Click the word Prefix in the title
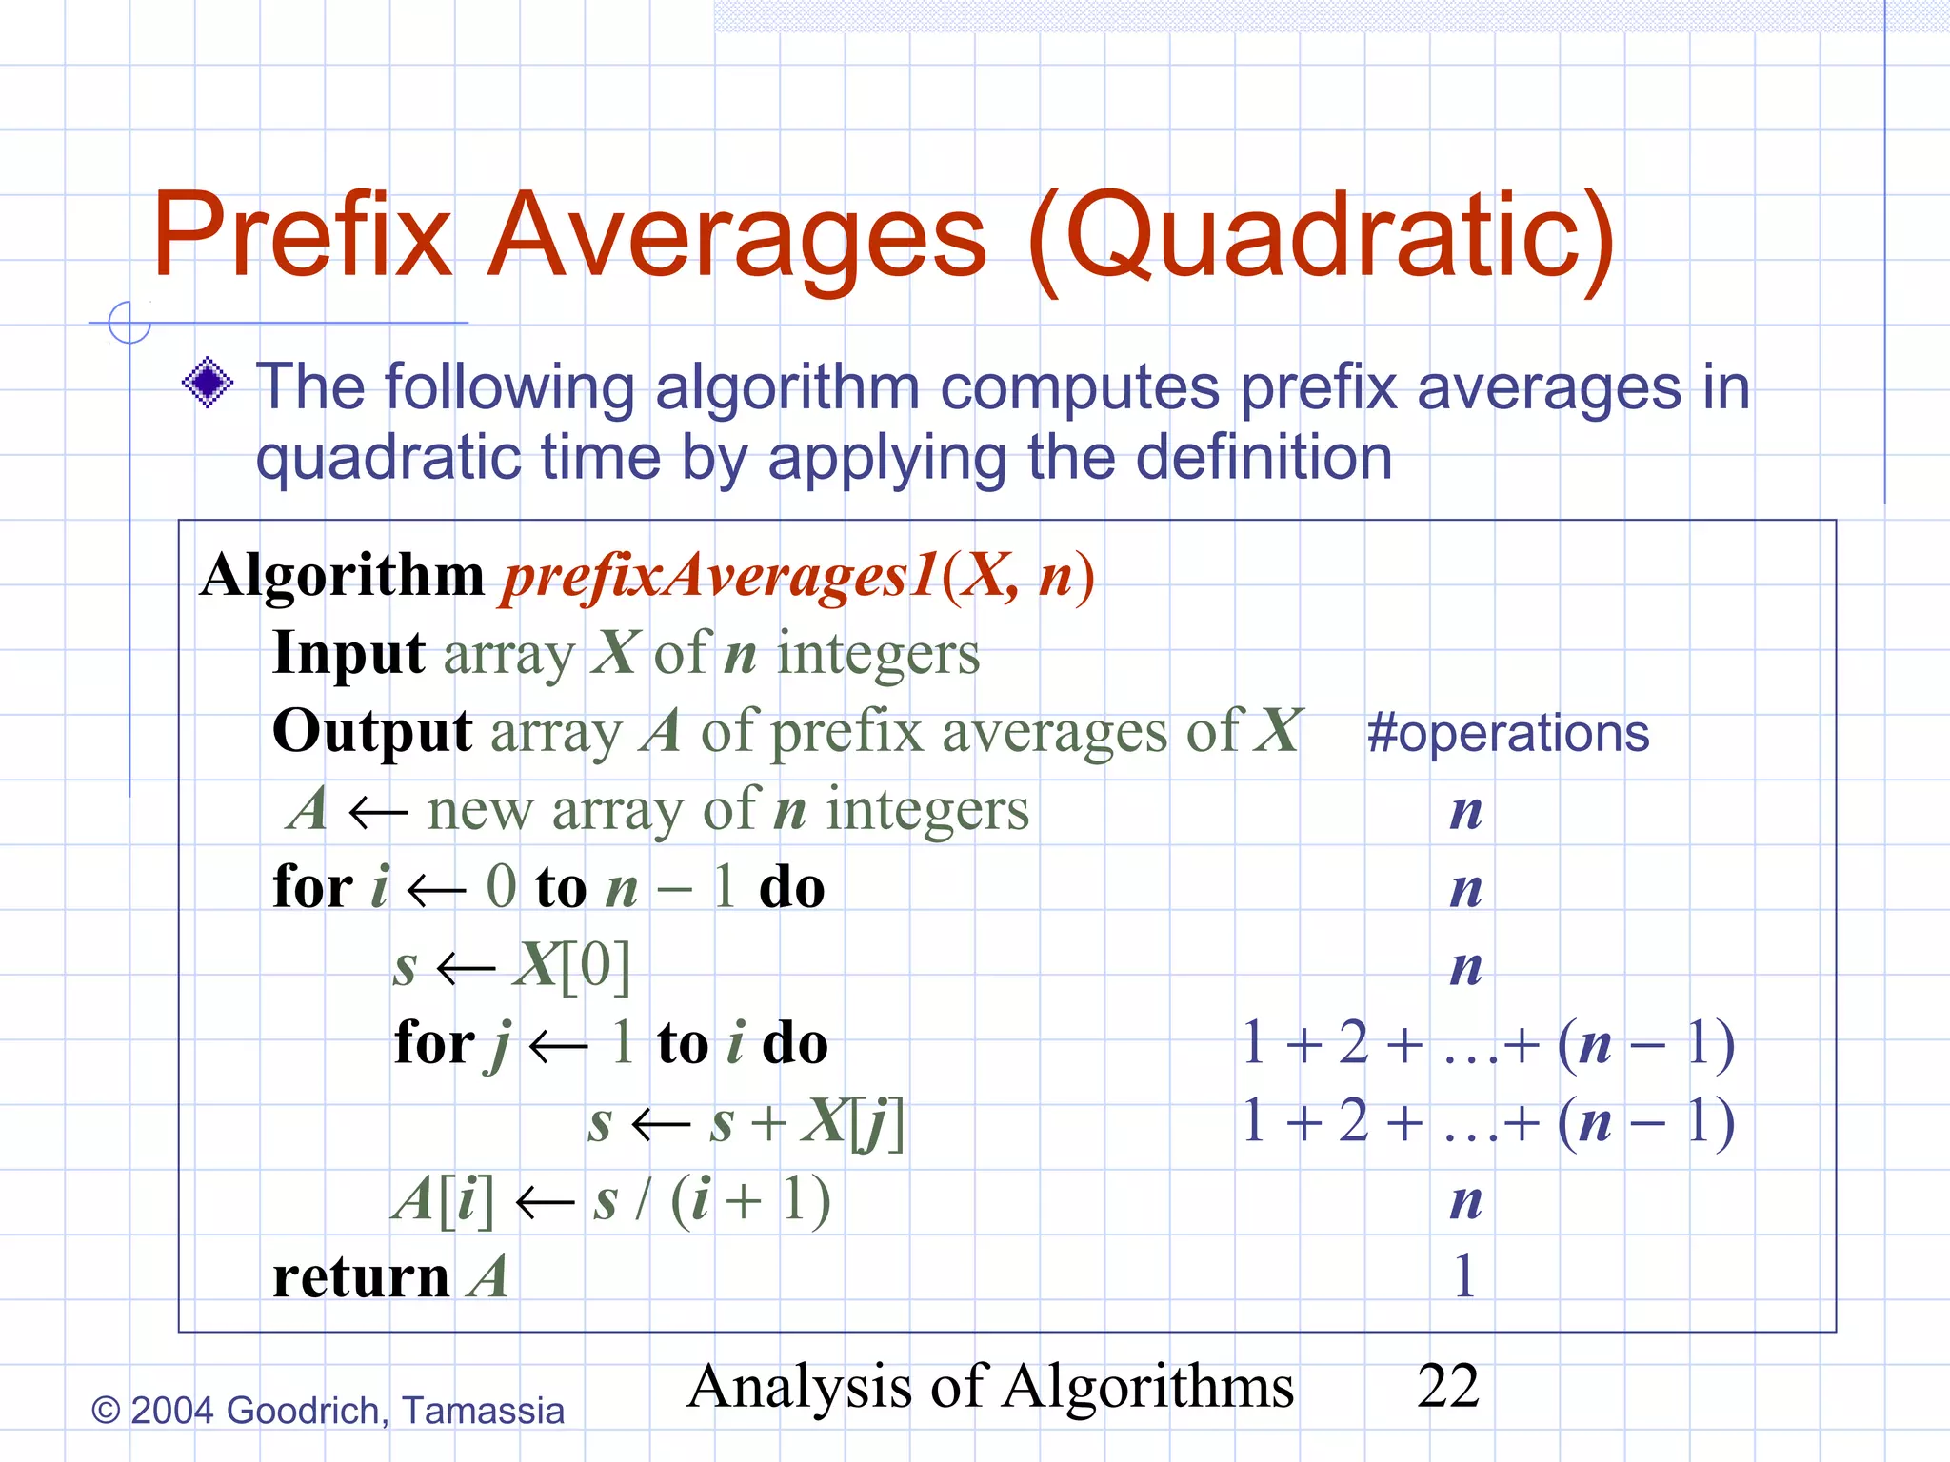303,234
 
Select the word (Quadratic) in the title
1322,238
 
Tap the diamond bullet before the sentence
208,383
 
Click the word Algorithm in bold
343,577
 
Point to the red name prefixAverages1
720,577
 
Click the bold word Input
348,653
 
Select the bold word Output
372,731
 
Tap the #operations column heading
1508,733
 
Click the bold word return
361,1276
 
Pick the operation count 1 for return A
1465,1276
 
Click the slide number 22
1447,1386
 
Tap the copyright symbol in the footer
106,1411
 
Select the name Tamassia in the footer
483,1411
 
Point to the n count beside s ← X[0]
1466,966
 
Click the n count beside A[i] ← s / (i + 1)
1466,1200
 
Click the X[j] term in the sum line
851,1121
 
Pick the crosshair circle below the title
129,322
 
